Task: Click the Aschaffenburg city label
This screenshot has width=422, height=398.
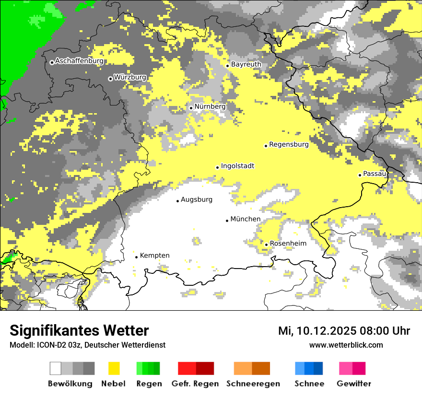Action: [79, 61]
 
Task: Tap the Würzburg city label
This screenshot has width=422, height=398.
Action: [130, 77]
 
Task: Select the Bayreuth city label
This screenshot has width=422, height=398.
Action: [246, 64]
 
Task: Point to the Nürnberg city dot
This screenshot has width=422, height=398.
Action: [191, 108]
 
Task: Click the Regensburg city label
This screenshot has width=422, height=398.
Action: [289, 144]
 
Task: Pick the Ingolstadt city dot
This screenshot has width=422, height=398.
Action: [217, 167]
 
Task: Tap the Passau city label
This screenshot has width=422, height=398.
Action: [375, 174]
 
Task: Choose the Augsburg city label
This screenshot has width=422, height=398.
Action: [197, 199]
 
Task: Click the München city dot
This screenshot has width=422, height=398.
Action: [227, 221]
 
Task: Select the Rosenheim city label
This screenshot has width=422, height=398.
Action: [288, 244]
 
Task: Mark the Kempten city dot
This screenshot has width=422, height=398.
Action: [136, 257]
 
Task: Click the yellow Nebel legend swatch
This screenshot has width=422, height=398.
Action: [114, 368]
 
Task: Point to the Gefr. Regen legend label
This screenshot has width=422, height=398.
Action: [195, 384]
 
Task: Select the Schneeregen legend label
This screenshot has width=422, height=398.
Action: [253, 384]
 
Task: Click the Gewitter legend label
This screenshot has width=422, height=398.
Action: [354, 384]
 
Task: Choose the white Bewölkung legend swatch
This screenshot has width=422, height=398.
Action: [56, 368]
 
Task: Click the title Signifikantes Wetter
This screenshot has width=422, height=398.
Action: [79, 330]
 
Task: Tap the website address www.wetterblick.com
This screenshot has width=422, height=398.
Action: [346, 345]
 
